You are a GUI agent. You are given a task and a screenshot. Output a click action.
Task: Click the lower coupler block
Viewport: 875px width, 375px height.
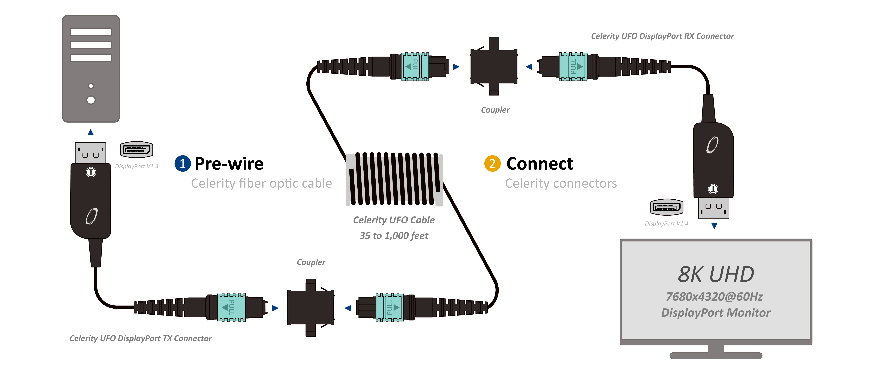(310, 308)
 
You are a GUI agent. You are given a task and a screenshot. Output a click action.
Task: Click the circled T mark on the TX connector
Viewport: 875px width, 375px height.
(91, 172)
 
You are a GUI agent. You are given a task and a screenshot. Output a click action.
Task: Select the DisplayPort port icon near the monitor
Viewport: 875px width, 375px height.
(666, 207)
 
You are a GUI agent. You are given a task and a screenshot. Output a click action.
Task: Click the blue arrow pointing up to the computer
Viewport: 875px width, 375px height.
(91, 132)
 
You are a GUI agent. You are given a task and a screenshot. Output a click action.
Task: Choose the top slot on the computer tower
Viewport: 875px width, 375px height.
(91, 32)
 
